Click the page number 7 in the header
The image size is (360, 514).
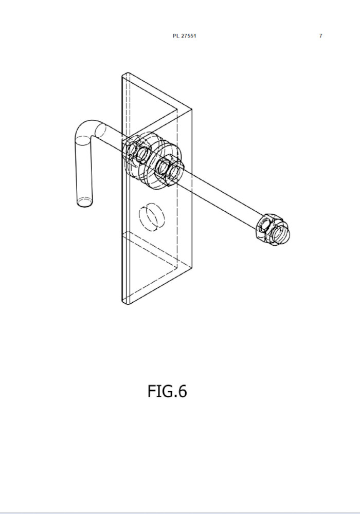tap(320, 36)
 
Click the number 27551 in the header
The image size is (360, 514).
tap(189, 36)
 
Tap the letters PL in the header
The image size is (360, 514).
tap(176, 36)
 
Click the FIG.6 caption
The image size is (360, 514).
tap(167, 391)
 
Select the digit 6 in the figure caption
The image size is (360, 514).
tap(182, 391)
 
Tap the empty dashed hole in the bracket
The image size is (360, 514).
tap(152, 217)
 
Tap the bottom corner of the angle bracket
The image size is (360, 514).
tap(125, 303)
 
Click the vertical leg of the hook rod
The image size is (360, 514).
tap(84, 171)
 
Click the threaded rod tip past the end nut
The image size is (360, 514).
tap(281, 234)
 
